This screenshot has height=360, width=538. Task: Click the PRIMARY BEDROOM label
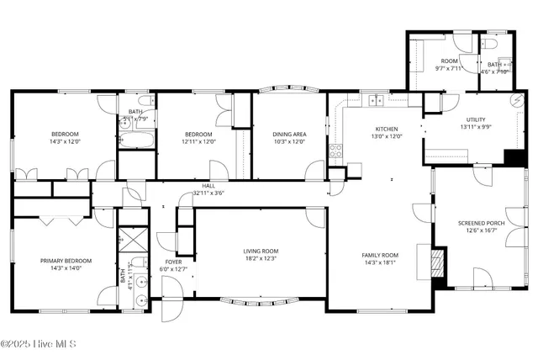coord(66,261)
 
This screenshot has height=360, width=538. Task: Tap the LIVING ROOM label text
coord(261,251)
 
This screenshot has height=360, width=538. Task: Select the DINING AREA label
coord(288,134)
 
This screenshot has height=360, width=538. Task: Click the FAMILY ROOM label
coord(380,255)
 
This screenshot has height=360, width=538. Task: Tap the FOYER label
coord(174,262)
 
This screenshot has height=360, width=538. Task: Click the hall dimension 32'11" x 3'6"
coord(208,193)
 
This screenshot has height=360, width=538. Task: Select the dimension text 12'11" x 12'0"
coord(198,141)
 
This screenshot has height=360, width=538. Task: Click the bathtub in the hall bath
coord(134,139)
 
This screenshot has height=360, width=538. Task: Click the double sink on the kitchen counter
coord(376,101)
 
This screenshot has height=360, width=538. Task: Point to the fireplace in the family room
coord(435,263)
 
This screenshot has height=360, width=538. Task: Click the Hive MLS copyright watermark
coord(40,344)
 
